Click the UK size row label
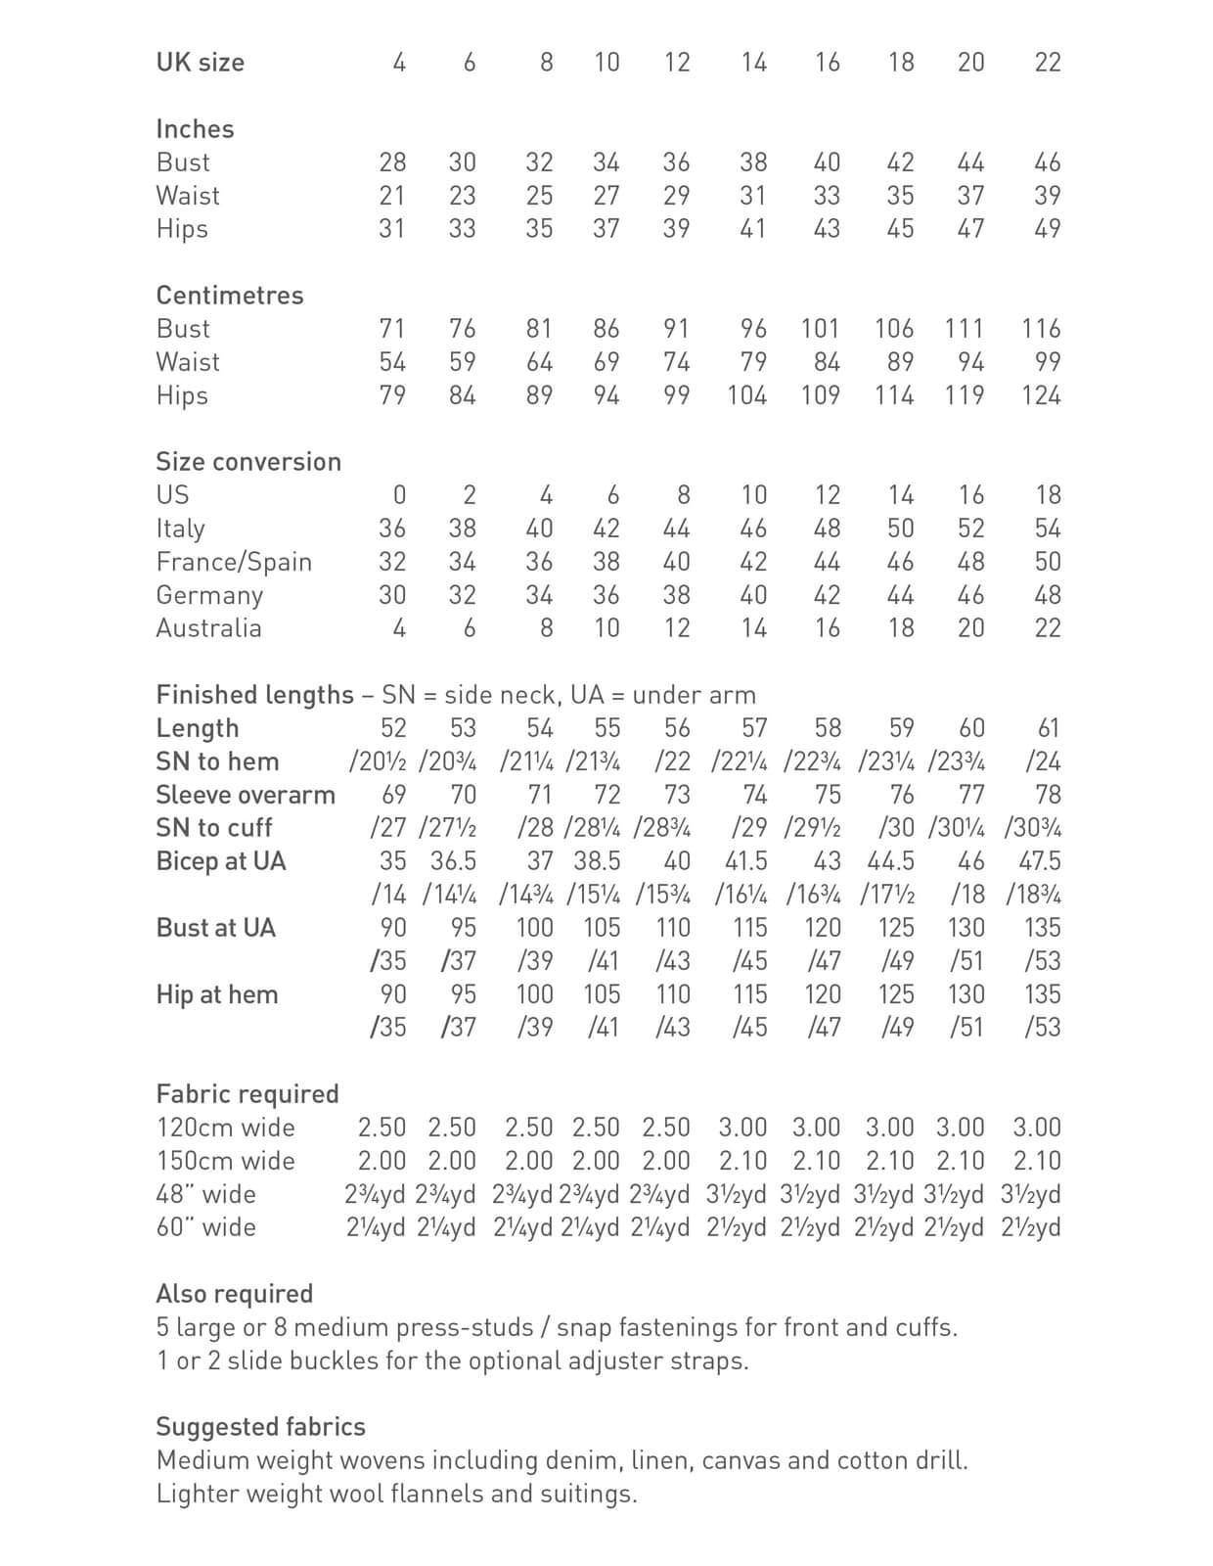pos(200,63)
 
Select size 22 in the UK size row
pos(1047,63)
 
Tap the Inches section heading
pos(195,129)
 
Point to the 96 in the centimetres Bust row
pos(753,329)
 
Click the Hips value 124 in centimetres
pos(1041,395)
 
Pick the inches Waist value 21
pos(391,196)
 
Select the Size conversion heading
pos(248,462)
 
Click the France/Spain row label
pos(234,562)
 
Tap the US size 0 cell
pos(399,495)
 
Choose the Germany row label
pos(209,595)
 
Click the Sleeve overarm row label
pos(246,795)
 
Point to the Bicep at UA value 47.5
pos(1040,861)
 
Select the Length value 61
pos(1047,728)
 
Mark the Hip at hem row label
pos(217,994)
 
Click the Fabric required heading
pos(247,1094)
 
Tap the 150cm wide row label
pos(225,1161)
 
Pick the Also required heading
pos(235,1294)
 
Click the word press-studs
pos(464,1328)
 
